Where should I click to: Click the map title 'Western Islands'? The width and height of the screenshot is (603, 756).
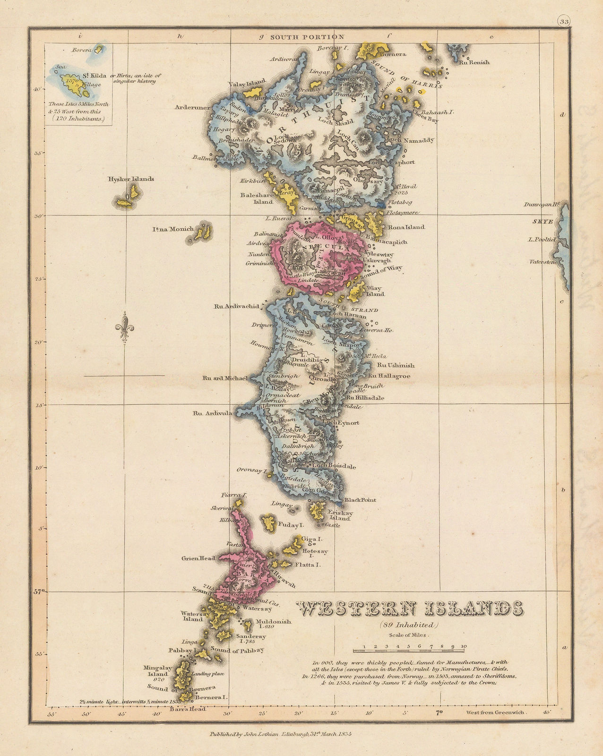410,609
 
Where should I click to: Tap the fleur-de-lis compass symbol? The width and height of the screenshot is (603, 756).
124,327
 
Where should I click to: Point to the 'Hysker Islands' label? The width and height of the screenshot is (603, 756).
130,179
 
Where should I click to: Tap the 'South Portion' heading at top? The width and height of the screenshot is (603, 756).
307,37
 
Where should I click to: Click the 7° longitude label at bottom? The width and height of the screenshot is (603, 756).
438,712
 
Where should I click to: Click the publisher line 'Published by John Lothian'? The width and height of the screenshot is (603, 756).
282,734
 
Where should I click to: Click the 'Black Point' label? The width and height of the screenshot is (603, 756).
360,499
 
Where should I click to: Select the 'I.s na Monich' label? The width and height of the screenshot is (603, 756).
172,229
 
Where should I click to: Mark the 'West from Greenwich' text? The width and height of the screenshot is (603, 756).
495,712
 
